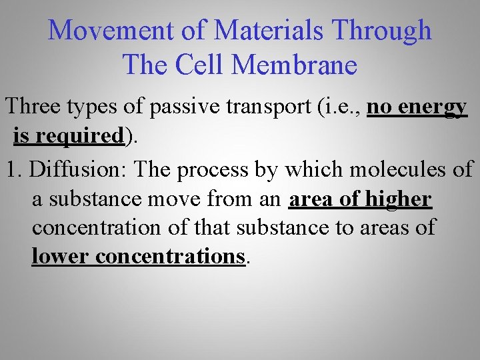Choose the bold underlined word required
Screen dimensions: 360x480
point(81,137)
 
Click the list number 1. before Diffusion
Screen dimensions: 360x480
point(15,169)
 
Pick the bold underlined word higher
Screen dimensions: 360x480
point(399,199)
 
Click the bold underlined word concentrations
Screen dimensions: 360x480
point(171,256)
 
